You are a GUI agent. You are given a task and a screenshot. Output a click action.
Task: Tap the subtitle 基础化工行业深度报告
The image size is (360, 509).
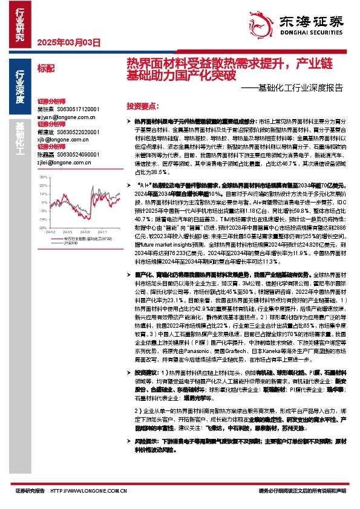pyautogui.click(x=301, y=86)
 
